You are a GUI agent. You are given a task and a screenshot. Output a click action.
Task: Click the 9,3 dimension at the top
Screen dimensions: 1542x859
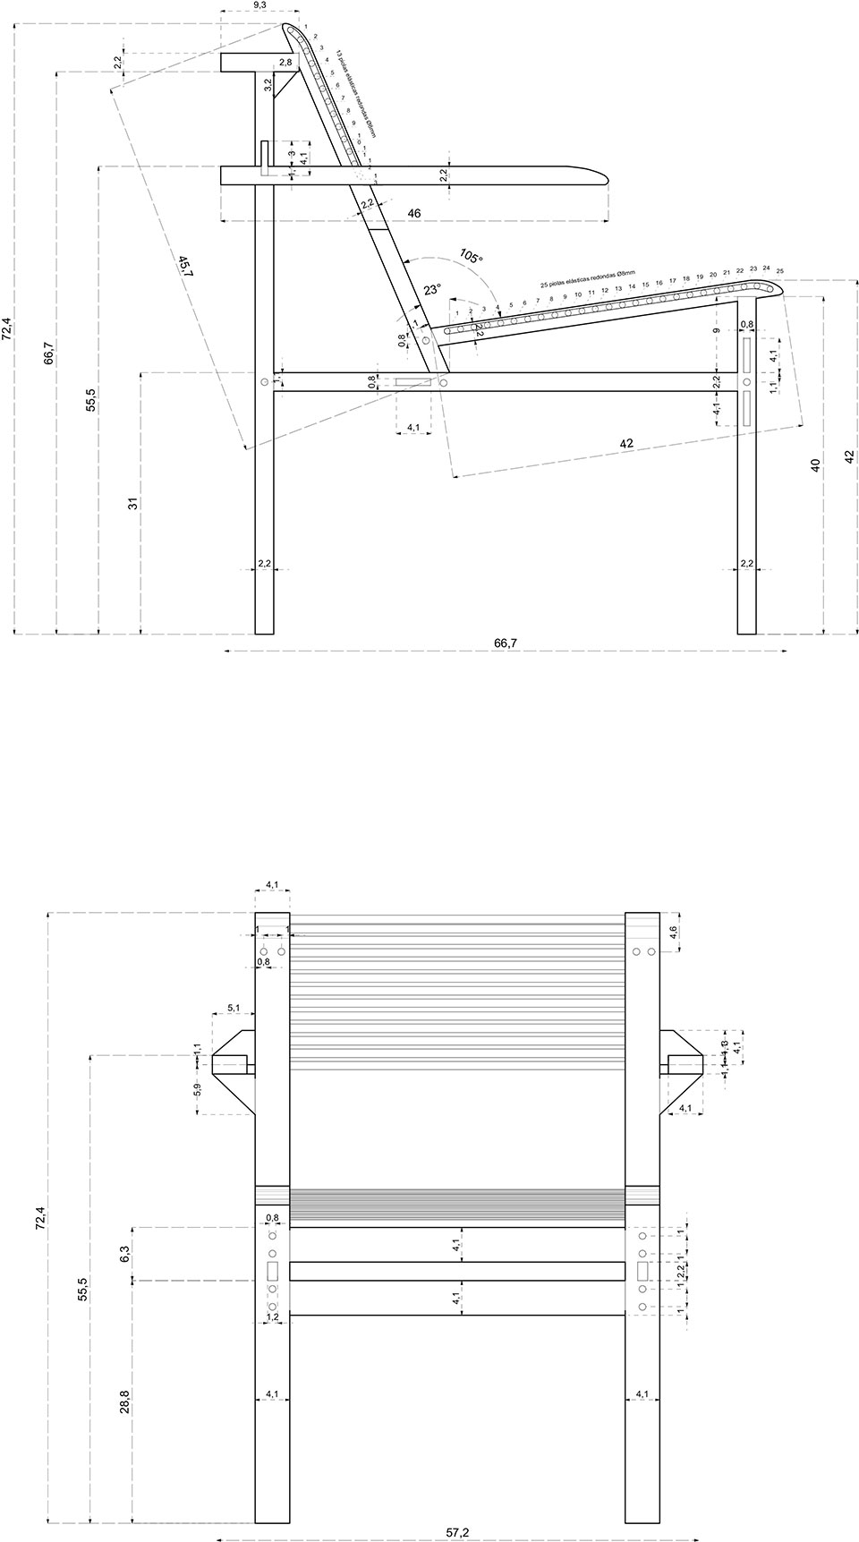(x=259, y=5)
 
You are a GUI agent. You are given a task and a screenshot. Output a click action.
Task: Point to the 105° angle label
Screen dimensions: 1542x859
(x=471, y=257)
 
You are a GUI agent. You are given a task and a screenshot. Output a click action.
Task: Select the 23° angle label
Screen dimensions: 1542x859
(x=432, y=290)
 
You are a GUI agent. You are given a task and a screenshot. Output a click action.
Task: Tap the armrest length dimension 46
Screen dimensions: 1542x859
(x=414, y=213)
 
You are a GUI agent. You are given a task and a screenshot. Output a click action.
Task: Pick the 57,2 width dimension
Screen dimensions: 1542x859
(x=457, y=1533)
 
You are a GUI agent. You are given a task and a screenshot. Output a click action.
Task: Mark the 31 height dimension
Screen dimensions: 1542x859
(x=133, y=503)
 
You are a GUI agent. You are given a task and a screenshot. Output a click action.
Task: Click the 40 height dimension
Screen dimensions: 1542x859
(x=815, y=465)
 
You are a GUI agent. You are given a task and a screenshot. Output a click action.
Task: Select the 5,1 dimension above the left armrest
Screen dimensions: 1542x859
(x=234, y=1008)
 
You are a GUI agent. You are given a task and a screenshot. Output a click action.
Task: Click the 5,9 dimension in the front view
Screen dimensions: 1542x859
(x=198, y=1092)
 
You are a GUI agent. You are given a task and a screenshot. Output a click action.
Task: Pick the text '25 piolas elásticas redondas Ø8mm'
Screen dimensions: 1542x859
(x=587, y=278)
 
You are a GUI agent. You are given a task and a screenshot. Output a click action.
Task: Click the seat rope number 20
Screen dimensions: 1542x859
(x=713, y=274)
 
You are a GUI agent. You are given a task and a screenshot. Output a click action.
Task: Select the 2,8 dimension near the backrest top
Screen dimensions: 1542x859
(x=285, y=63)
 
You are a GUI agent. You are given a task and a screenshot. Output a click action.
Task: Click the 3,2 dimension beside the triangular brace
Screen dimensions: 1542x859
(x=268, y=86)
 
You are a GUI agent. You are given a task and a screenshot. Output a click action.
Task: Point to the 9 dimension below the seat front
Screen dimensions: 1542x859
(x=717, y=330)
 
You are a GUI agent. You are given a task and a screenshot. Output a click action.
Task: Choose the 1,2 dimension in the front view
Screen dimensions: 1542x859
(x=273, y=1316)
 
